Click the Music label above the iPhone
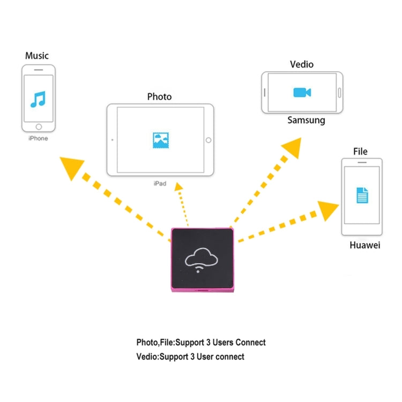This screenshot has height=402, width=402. [x=36, y=56]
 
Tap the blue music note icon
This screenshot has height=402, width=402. [x=38, y=99]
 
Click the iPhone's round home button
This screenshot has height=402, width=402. [x=39, y=127]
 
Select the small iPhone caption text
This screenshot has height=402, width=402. [x=38, y=138]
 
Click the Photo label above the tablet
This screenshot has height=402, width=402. [x=159, y=96]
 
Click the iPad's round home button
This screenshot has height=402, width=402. [x=209, y=140]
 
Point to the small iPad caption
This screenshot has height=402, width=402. [x=160, y=183]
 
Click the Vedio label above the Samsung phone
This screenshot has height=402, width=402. [x=302, y=64]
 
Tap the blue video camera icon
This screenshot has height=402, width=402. [x=302, y=93]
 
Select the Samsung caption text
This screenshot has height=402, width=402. [x=306, y=120]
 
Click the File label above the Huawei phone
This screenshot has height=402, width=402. [x=360, y=152]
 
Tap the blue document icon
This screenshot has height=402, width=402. [x=362, y=195]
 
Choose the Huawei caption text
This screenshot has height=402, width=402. [x=364, y=245]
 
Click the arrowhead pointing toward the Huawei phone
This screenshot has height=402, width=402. [x=328, y=208]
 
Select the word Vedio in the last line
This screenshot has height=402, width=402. [x=147, y=356]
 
